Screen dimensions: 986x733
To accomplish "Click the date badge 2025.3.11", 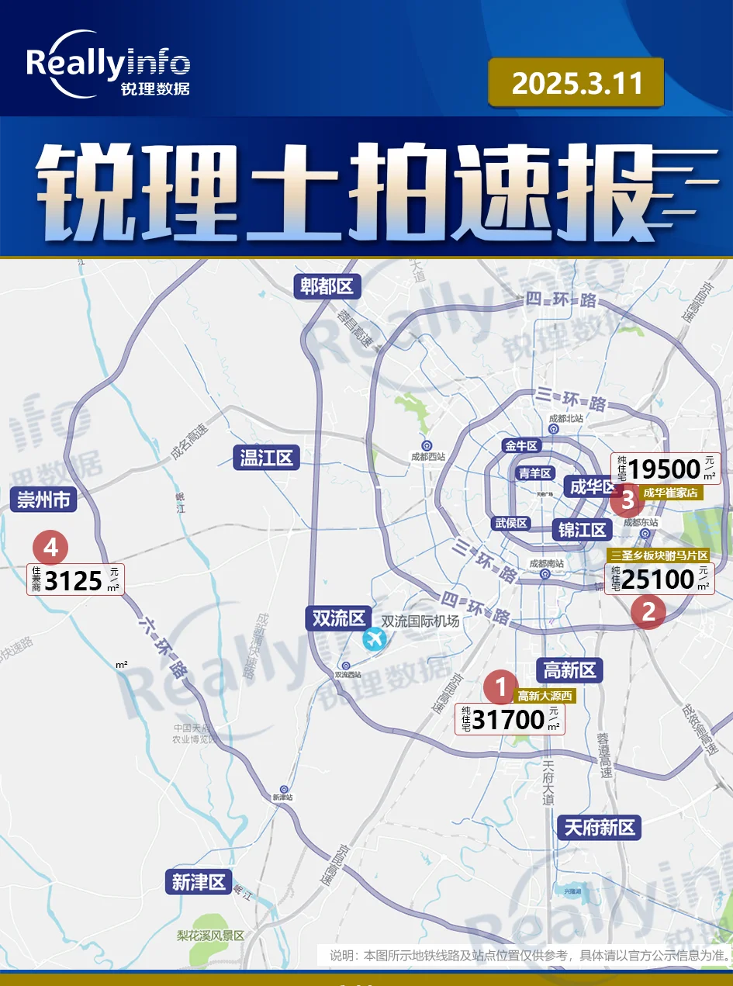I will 576,82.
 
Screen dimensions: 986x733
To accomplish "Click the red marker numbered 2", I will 648,612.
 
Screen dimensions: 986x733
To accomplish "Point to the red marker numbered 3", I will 627,500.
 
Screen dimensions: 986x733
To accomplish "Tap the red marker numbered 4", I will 50,548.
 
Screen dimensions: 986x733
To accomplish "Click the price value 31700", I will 508,720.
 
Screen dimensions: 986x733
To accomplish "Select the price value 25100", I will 658,579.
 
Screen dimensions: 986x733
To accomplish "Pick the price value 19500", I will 665,469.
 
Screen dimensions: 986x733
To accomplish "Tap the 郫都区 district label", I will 327,286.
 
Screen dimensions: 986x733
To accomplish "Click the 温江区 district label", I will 266,458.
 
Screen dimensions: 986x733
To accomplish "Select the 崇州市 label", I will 44,500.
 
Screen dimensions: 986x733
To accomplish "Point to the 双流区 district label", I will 337,618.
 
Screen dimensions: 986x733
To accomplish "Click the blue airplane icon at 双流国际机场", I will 374,639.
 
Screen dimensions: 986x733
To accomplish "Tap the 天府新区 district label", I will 600,827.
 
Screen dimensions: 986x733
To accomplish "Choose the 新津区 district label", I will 199,882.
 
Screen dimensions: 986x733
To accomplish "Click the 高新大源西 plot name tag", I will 545,697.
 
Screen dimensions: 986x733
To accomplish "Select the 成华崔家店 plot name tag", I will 670,493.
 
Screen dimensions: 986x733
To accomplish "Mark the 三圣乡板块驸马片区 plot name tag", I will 659,555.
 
